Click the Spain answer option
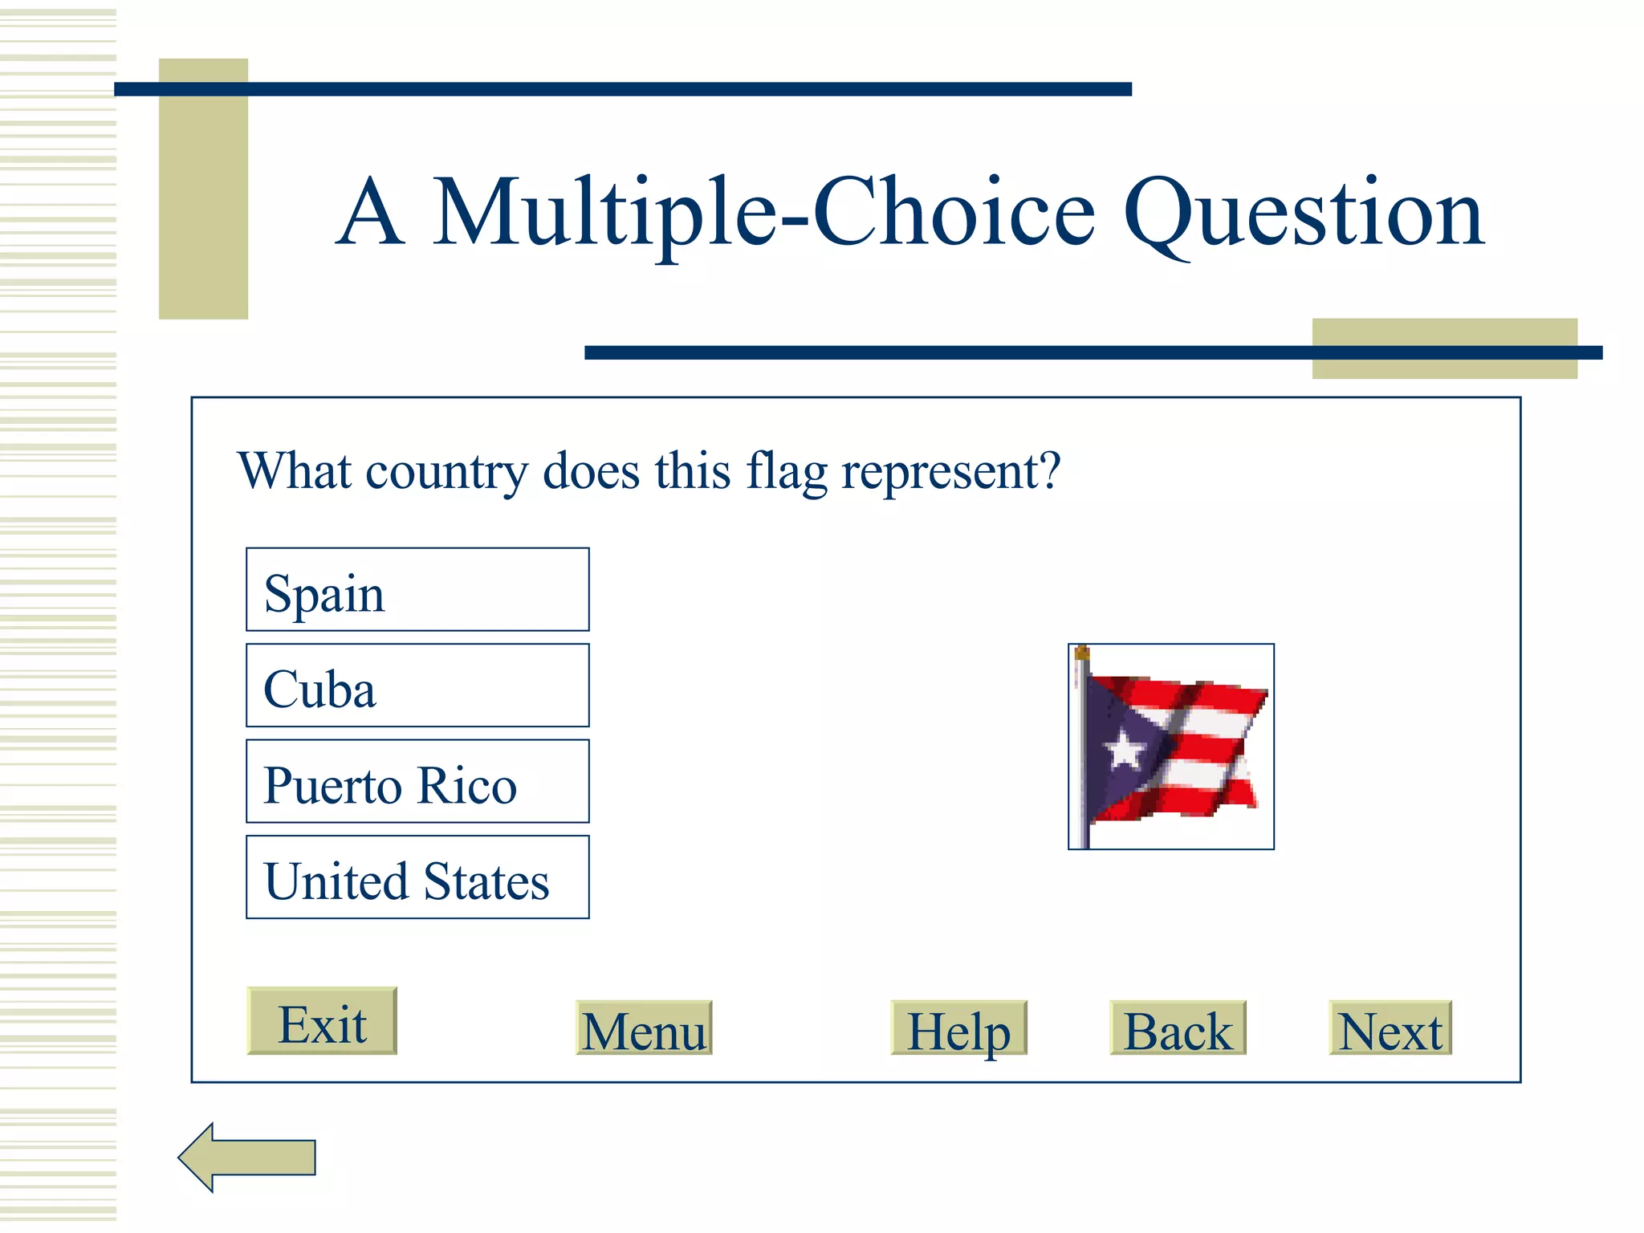417,590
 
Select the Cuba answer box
417,686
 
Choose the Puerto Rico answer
417,782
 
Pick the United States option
417,877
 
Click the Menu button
644,1028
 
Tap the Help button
958,1028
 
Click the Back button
1178,1028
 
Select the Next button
1390,1028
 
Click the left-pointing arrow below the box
247,1158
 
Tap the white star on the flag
1125,750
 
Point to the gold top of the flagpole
1082,653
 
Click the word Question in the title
1304,214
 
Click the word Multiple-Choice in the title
764,214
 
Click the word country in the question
446,472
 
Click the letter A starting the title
369,214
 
